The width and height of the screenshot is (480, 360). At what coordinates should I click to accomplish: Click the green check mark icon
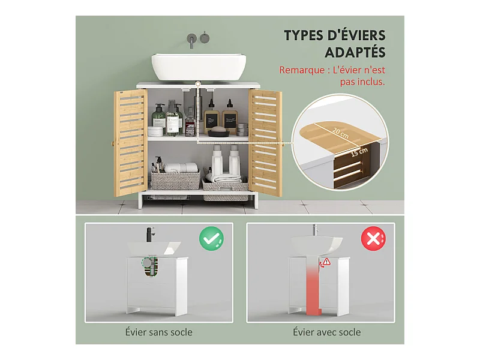pos(211,239)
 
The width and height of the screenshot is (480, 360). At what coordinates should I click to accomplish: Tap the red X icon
pos(373,239)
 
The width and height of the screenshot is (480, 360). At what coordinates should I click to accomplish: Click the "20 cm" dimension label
pos(341,133)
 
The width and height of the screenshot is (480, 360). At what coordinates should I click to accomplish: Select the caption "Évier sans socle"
pos(159,332)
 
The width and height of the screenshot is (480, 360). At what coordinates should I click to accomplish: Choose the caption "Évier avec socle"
pos(326,332)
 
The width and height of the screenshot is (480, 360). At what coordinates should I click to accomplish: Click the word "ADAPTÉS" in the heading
pos(355,52)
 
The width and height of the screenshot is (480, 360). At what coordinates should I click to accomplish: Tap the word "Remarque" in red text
pos(302,70)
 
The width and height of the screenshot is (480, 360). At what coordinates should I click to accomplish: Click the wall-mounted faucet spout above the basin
pos(192,41)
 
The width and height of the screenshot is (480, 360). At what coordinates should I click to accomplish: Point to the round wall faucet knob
pos(205,38)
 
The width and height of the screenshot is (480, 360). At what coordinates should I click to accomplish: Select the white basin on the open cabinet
pos(199,67)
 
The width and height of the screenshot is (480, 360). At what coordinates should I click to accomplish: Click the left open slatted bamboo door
pos(131,143)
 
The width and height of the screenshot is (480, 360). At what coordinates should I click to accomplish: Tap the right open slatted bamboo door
pos(265,143)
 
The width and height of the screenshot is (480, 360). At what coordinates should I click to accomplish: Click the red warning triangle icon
pos(327,262)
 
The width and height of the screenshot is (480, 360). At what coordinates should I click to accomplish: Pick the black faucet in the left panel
pos(151,235)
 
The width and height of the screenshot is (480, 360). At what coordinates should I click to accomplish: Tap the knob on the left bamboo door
pos(112,143)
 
